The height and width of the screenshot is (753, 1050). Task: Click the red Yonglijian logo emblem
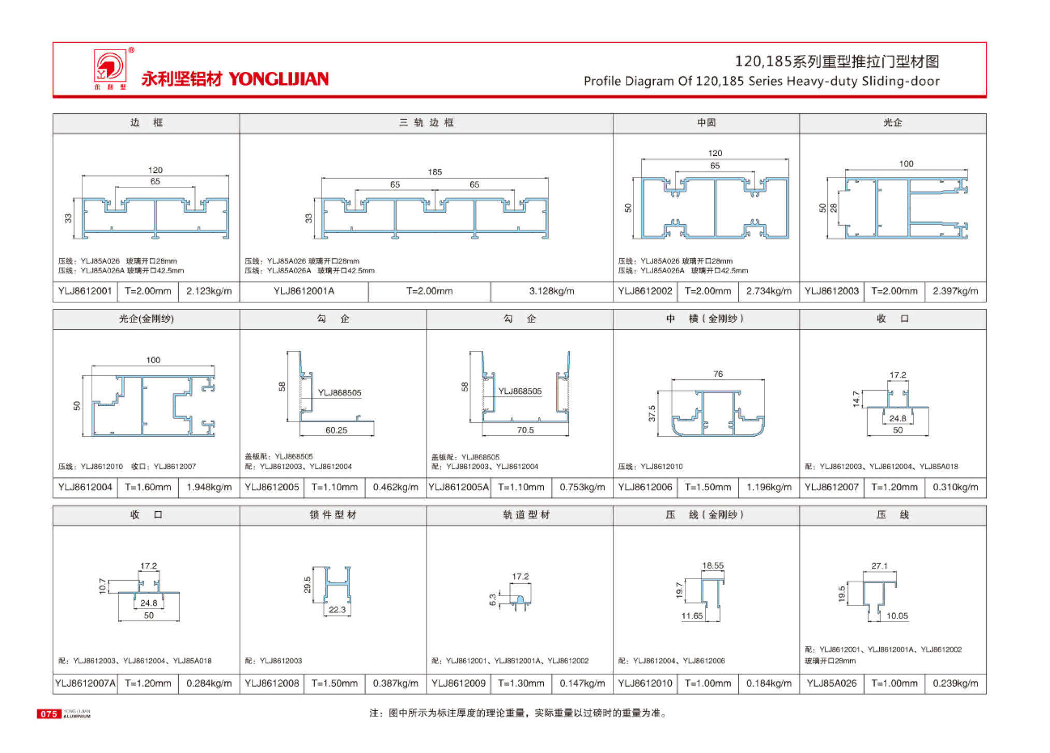pyautogui.click(x=109, y=66)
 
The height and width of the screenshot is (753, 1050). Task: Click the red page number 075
pyautogui.click(x=49, y=714)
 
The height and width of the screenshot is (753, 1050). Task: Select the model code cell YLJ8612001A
pyautogui.click(x=304, y=291)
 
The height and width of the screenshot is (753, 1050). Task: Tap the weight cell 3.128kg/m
pyautogui.click(x=551, y=291)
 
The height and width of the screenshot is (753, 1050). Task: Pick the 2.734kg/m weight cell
pyautogui.click(x=769, y=291)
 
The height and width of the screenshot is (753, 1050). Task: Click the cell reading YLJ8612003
pyautogui.click(x=831, y=291)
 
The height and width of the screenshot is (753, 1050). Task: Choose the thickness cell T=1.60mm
pyautogui.click(x=148, y=488)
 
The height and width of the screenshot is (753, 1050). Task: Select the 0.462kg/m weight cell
pyautogui.click(x=395, y=488)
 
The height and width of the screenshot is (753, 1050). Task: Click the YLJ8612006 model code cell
pyautogui.click(x=645, y=488)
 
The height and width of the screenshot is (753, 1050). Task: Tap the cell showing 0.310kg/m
pyautogui.click(x=955, y=488)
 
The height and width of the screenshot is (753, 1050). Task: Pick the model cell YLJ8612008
pyautogui.click(x=272, y=683)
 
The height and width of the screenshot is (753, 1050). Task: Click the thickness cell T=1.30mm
pyautogui.click(x=521, y=683)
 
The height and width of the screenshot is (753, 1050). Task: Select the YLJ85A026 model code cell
pyautogui.click(x=831, y=683)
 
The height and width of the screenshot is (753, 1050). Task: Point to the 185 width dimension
pyautogui.click(x=435, y=172)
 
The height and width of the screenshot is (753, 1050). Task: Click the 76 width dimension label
pyautogui.click(x=718, y=374)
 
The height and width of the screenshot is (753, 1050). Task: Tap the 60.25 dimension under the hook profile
pyautogui.click(x=336, y=430)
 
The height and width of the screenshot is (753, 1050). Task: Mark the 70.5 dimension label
pyautogui.click(x=525, y=430)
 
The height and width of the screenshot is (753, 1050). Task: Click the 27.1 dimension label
pyautogui.click(x=879, y=566)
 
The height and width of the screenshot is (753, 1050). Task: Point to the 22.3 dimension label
pyautogui.click(x=337, y=610)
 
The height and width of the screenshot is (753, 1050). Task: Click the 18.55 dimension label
pyautogui.click(x=713, y=566)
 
